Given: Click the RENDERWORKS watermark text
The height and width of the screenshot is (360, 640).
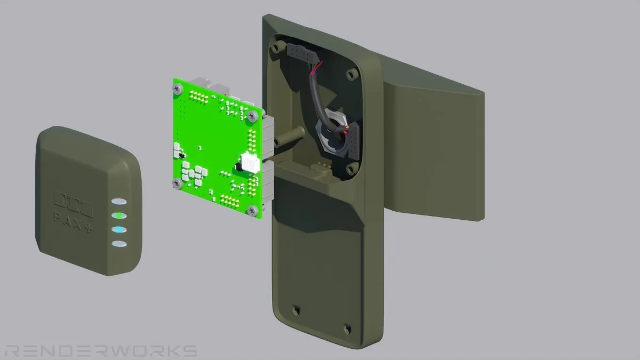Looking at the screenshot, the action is [x=101, y=351].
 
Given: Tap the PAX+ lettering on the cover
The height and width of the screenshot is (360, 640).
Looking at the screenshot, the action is [x=73, y=222].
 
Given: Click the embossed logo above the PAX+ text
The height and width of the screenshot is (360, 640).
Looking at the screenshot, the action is [x=73, y=203].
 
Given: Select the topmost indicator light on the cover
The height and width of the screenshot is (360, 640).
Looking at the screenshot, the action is [x=119, y=202].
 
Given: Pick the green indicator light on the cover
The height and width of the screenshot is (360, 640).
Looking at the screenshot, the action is [x=119, y=215].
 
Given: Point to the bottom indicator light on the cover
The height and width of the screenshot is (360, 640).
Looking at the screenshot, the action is [x=119, y=244].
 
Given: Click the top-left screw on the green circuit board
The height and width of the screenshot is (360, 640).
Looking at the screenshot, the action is [x=178, y=89].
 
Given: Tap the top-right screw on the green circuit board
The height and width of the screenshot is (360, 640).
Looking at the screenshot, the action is [x=252, y=116].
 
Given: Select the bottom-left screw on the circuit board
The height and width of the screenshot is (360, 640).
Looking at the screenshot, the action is [x=178, y=183].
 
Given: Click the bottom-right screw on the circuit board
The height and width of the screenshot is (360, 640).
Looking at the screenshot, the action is [x=253, y=211].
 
